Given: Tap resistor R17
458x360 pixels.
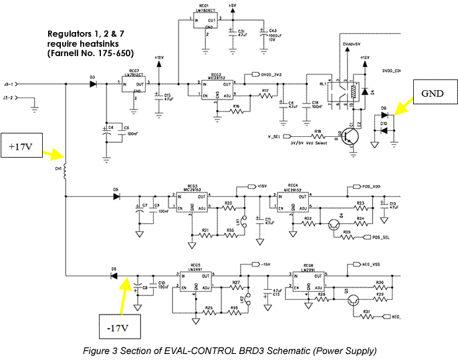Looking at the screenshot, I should coord(265,96).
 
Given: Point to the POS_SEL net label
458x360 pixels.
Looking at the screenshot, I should coord(380,237).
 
